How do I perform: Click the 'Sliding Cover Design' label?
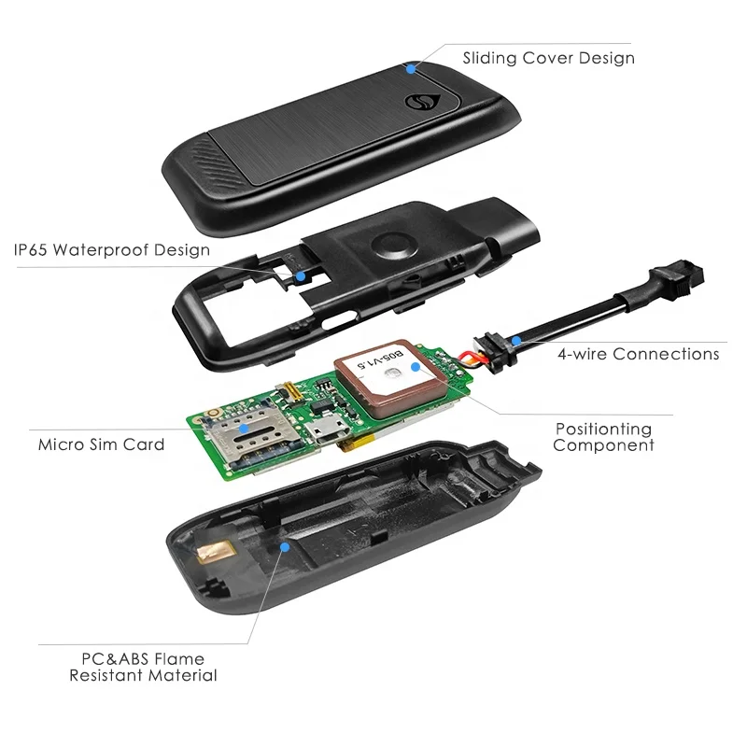[x=548, y=58]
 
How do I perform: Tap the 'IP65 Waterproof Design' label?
[x=111, y=250]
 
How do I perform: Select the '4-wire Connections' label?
[x=639, y=354]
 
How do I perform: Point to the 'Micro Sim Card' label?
[x=101, y=444]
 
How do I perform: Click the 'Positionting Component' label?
[x=603, y=437]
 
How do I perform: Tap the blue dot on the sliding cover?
[x=409, y=67]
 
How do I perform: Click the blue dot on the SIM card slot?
[x=245, y=428]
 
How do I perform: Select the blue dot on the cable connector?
[x=514, y=341]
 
